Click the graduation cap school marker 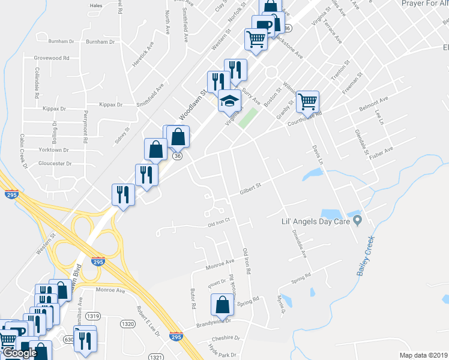(x=229, y=101)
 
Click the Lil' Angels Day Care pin (x=358, y=220)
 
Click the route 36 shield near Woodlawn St (x=176, y=155)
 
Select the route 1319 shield (x=92, y=316)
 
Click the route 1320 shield (x=128, y=323)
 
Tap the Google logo (x=20, y=353)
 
